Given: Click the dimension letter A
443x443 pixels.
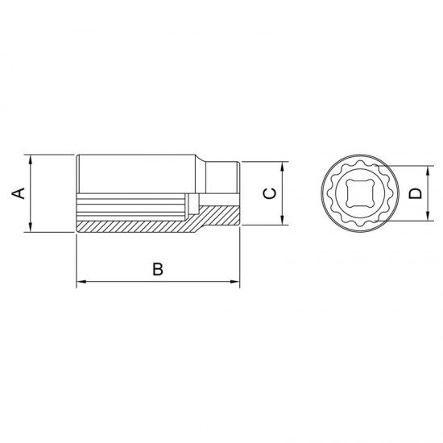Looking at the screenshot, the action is (x=18, y=193).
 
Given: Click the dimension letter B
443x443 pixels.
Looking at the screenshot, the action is (x=158, y=269).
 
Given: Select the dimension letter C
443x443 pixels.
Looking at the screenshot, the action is (x=270, y=193).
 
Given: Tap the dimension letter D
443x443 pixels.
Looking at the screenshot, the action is (x=416, y=193).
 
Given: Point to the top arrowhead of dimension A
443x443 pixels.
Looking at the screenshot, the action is (x=31, y=159).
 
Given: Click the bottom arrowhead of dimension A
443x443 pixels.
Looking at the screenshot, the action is (x=31, y=227).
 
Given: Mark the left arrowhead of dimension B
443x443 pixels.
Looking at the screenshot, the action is (x=81, y=281).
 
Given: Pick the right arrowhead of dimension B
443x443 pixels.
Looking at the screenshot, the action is (x=234, y=281).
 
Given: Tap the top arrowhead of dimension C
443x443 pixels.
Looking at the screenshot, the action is (x=282, y=167).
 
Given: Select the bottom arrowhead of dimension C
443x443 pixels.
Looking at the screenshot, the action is (x=282, y=220).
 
